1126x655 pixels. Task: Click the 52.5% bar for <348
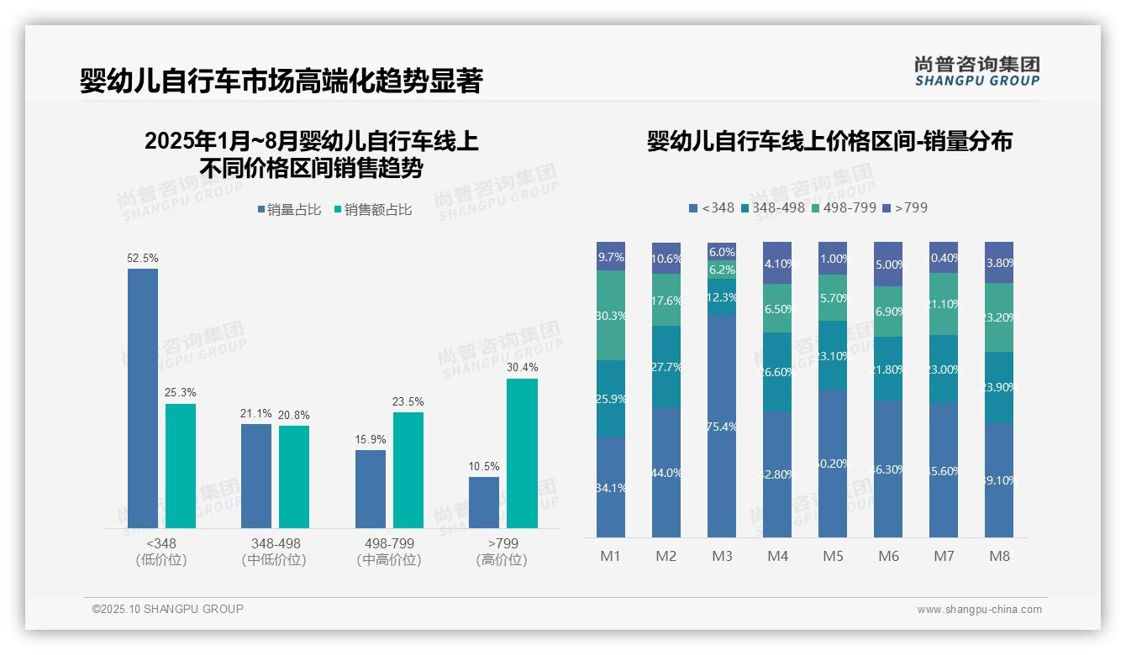(x=143, y=398)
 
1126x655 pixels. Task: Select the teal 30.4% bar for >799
(x=522, y=453)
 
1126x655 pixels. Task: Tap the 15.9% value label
(x=371, y=439)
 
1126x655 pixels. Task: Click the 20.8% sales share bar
(x=294, y=476)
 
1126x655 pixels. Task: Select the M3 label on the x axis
(x=722, y=556)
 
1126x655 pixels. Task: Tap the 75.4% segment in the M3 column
(x=722, y=426)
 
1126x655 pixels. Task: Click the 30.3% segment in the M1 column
(x=611, y=316)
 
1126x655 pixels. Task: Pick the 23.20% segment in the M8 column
(x=999, y=317)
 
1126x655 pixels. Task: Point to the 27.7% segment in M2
(x=666, y=367)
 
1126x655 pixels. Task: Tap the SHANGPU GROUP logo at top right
(x=976, y=71)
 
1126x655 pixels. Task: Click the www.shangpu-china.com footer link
(x=979, y=610)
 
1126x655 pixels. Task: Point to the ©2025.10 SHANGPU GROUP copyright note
(x=168, y=609)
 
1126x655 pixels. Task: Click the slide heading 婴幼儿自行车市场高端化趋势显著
(x=281, y=81)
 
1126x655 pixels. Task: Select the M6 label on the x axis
(x=888, y=556)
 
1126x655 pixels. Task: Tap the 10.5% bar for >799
(x=484, y=502)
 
